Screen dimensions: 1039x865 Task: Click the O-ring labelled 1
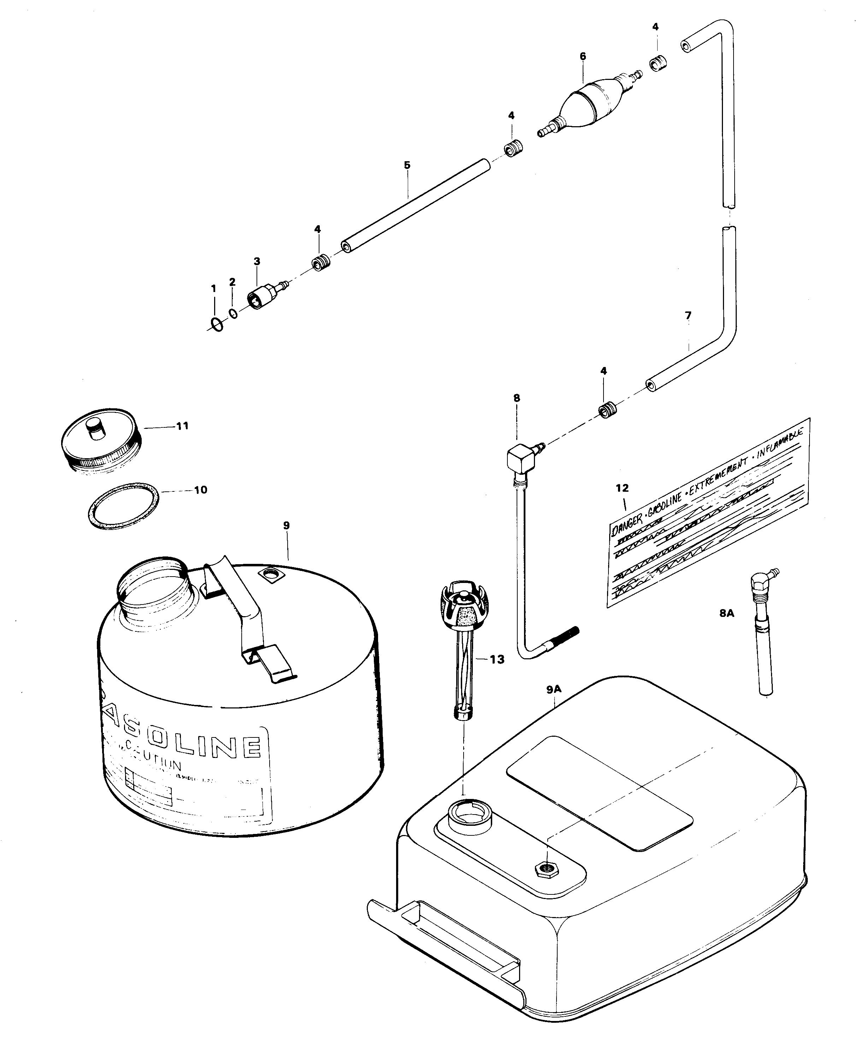[x=216, y=324]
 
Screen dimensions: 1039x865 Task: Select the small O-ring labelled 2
[x=234, y=313]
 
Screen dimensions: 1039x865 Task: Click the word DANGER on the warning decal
[x=626, y=527]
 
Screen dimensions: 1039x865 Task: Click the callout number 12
[x=622, y=488]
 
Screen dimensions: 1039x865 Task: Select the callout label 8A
[x=726, y=613]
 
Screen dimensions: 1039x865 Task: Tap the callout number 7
[x=688, y=315]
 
